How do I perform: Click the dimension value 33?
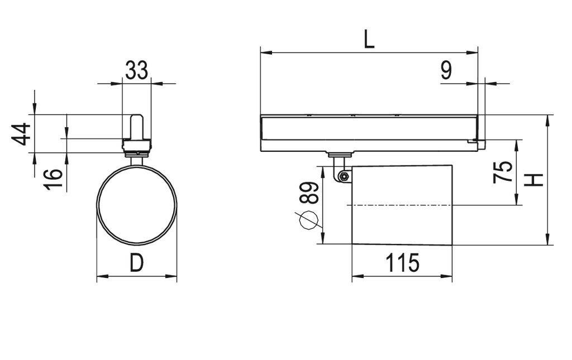[136, 70]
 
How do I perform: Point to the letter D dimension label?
[136, 263]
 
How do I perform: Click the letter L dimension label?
[369, 40]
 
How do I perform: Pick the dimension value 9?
[446, 71]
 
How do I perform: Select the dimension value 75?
[503, 171]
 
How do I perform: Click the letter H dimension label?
[535, 180]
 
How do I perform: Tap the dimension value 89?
[311, 193]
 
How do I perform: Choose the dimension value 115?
[402, 263]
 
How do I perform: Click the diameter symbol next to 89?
[307, 221]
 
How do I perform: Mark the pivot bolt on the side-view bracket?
[344, 177]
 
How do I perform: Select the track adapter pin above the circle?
[136, 127]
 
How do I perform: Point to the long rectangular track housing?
[369, 133]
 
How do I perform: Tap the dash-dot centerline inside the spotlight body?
[401, 205]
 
